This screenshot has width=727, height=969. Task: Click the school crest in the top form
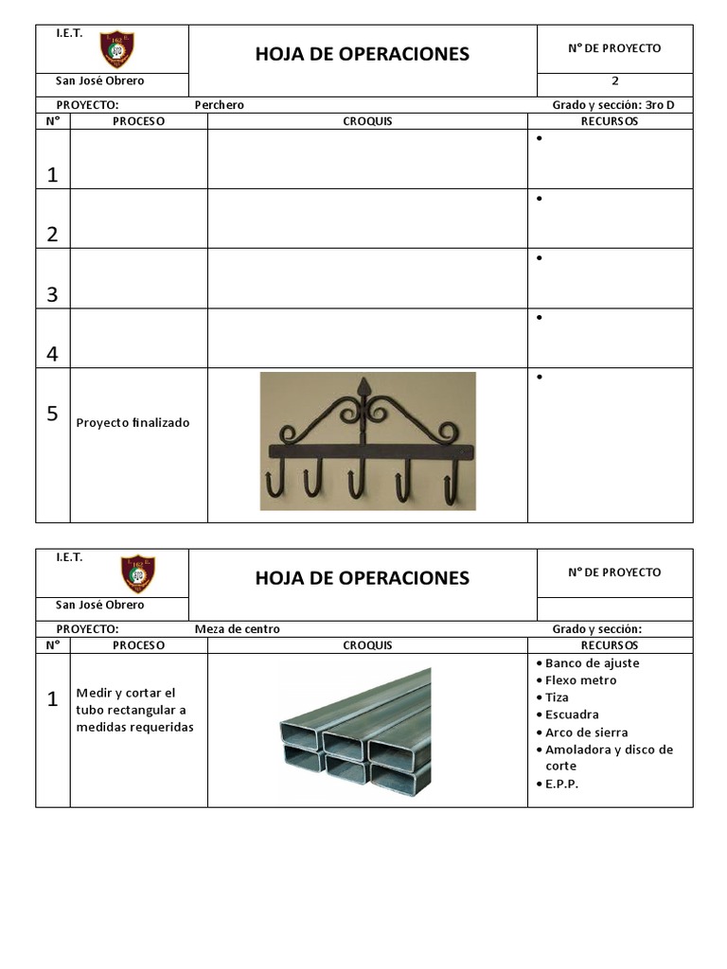pos(116,50)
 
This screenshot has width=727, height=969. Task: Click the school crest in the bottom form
pos(138,573)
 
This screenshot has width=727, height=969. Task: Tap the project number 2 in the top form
pos(614,81)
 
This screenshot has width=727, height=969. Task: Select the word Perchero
pos(219,105)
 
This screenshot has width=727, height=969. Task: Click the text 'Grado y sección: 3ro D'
pos(612,105)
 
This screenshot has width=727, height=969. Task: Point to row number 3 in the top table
pos(52,294)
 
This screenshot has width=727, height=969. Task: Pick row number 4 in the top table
pos(52,354)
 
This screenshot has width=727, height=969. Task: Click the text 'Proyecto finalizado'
pos(133,423)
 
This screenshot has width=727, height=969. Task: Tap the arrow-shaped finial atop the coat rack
pos(364,388)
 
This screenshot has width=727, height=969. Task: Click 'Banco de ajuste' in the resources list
pos(592,663)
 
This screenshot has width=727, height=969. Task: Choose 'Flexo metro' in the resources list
pos(580,680)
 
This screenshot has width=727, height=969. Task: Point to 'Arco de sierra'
pos(586,732)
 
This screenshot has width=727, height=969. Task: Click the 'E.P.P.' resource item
pos(561,784)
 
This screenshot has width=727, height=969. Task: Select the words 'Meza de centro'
pos(237,629)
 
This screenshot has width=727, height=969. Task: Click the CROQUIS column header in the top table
pos(367,121)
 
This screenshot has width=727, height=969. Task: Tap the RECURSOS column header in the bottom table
pos(609,645)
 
